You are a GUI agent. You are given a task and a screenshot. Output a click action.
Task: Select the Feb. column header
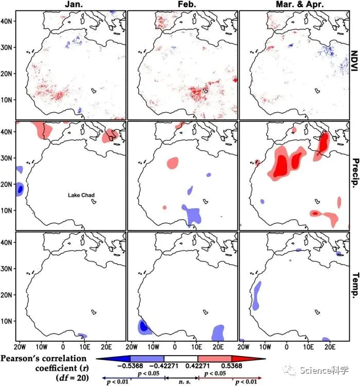tap(183, 5)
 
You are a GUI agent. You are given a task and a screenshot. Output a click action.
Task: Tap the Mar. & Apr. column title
tap(294, 5)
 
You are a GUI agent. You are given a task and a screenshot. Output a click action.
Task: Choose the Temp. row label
tap(354, 287)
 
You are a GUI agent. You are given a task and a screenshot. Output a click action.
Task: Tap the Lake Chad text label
tap(82, 195)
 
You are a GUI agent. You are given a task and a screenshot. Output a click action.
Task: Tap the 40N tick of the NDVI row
tap(9, 21)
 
